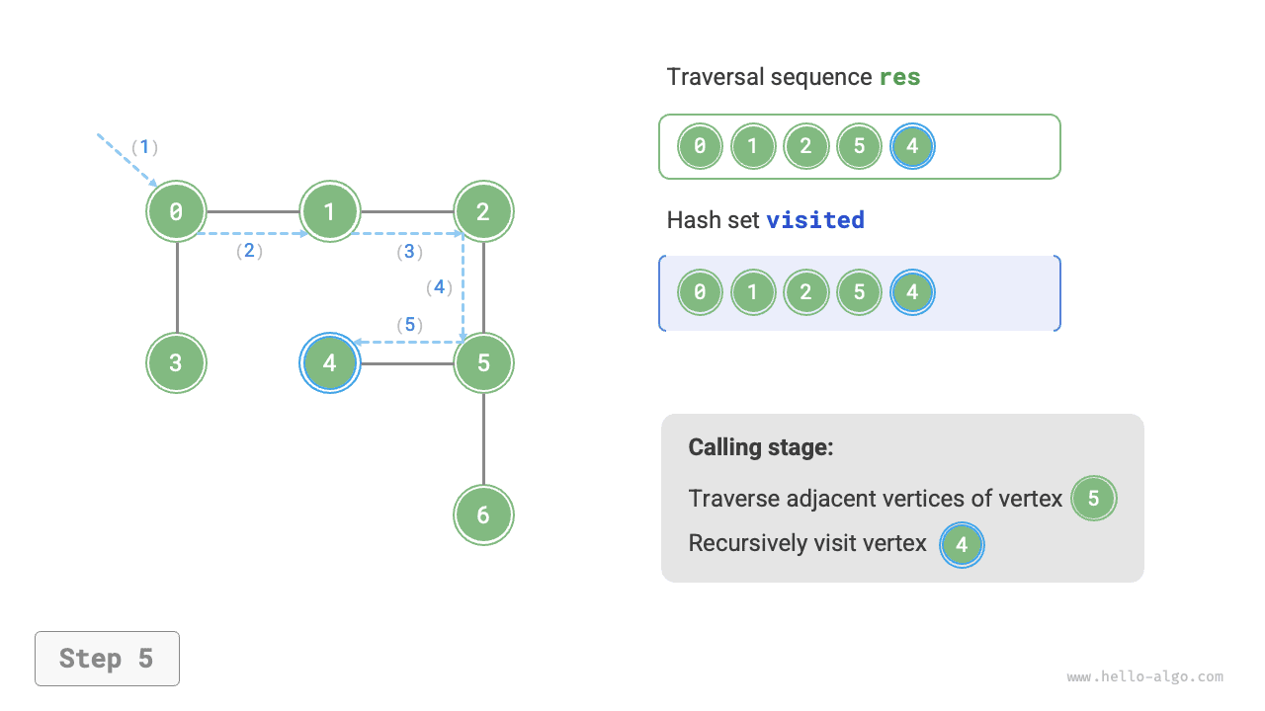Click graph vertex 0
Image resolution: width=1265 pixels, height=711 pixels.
pyautogui.click(x=177, y=211)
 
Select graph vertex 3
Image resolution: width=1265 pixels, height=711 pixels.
pyautogui.click(x=177, y=362)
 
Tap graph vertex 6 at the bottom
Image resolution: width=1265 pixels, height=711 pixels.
pyautogui.click(x=483, y=514)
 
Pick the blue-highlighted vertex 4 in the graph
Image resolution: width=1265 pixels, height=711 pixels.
pyautogui.click(x=330, y=362)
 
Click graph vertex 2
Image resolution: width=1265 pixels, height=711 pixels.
pyautogui.click(x=483, y=211)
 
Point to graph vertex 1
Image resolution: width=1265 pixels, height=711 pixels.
pyautogui.click(x=330, y=211)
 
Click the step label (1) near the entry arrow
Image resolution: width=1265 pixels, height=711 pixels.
pyautogui.click(x=145, y=147)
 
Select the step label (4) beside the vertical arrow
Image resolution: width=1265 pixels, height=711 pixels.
pyautogui.click(x=439, y=287)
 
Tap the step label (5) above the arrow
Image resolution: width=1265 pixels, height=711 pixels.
pyautogui.click(x=409, y=324)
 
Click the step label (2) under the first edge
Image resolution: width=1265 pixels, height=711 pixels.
pyautogui.click(x=249, y=251)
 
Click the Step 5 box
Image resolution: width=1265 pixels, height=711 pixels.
pyautogui.click(x=107, y=659)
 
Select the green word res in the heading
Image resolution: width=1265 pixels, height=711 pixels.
pyautogui.click(x=899, y=77)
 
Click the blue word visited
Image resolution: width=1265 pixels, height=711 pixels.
pyautogui.click(x=815, y=219)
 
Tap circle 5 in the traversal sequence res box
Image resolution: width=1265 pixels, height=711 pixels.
pyautogui.click(x=859, y=147)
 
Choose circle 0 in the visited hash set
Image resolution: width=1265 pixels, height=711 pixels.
pyautogui.click(x=700, y=292)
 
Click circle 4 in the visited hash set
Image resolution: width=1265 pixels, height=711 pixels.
pyautogui.click(x=911, y=292)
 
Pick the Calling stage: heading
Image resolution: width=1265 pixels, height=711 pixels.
pyautogui.click(x=761, y=447)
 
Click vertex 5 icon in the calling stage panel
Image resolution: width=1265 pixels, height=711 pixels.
pyautogui.click(x=1093, y=499)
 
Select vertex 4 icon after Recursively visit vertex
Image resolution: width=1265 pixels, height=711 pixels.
pyautogui.click(x=962, y=544)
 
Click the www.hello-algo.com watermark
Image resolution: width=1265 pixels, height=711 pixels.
pyautogui.click(x=1144, y=677)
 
